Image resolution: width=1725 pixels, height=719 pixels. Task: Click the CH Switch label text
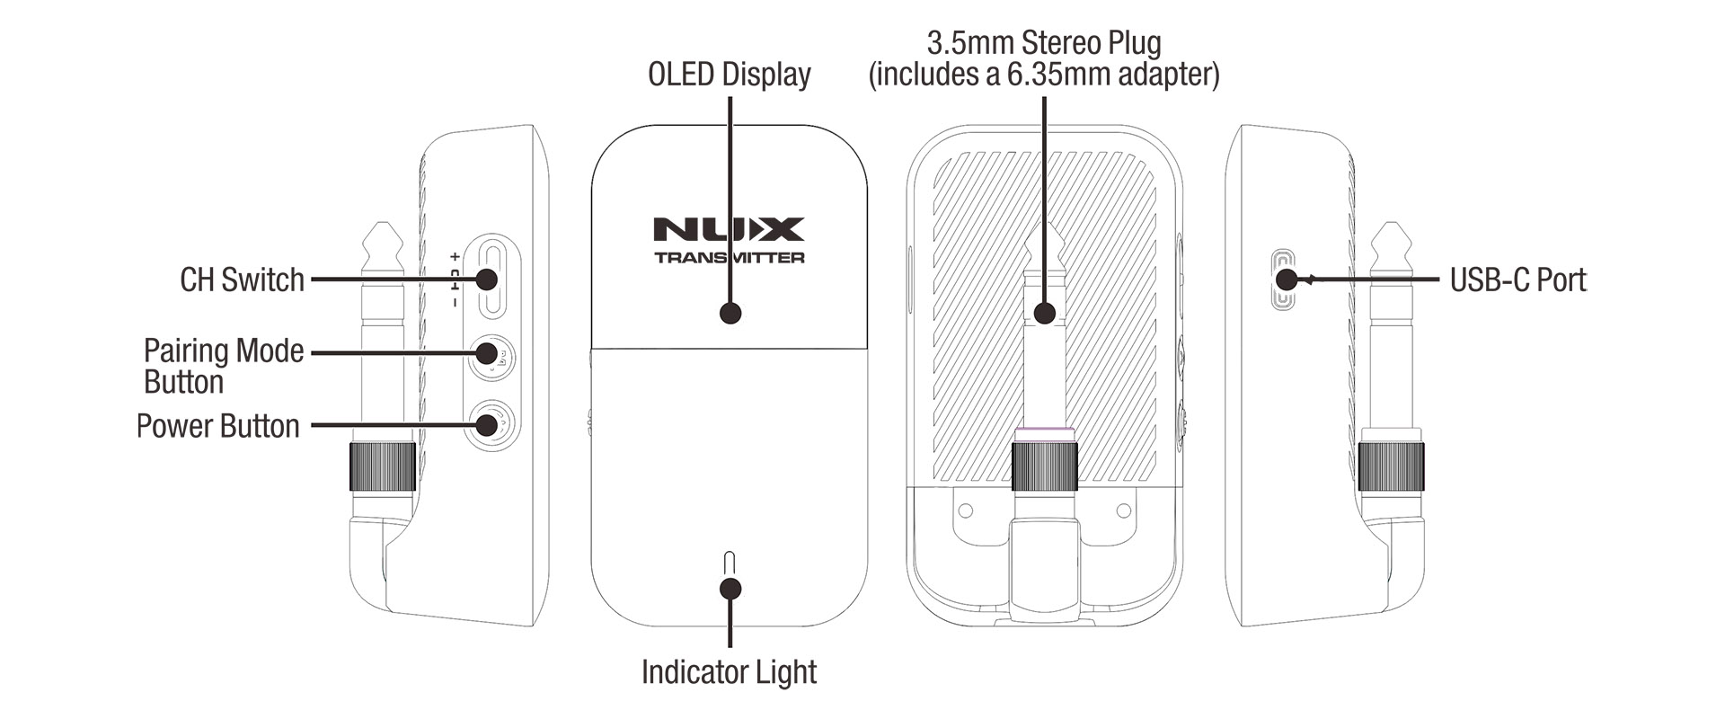point(242,280)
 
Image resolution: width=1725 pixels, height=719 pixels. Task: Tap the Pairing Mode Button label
point(223,366)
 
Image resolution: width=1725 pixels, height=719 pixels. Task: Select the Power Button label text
point(217,426)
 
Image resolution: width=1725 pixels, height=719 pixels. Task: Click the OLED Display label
point(729,75)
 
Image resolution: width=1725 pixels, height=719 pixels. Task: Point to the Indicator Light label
point(729,672)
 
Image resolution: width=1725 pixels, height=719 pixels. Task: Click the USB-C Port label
point(1517,280)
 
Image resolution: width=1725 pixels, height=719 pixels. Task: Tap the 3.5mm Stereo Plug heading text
point(1043,43)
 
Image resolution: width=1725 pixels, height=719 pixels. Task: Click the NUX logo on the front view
point(729,229)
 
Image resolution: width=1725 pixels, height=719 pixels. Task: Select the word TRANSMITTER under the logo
point(729,258)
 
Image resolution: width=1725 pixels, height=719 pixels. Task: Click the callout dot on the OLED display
point(730,314)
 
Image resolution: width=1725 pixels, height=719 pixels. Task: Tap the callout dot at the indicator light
point(730,589)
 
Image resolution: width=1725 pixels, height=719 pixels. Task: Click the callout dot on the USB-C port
point(1286,280)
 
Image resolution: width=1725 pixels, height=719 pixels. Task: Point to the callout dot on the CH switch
point(486,280)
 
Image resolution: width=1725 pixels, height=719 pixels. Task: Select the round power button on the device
point(490,424)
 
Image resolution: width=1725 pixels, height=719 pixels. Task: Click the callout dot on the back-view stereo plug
point(1044,314)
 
